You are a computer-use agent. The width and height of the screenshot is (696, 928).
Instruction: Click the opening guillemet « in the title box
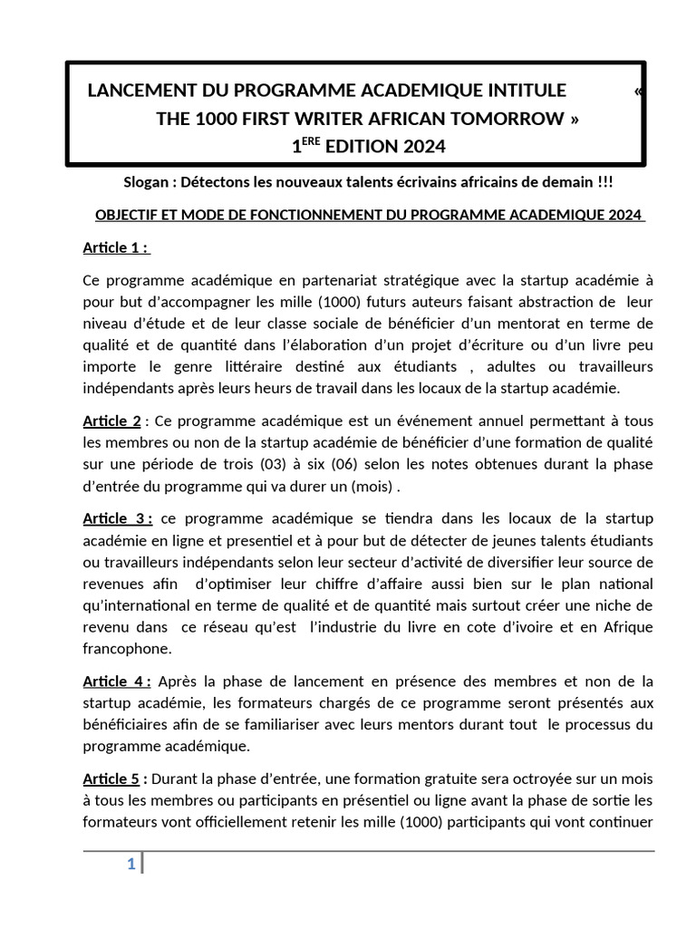(x=641, y=91)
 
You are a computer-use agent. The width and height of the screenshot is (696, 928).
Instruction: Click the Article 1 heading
(x=116, y=247)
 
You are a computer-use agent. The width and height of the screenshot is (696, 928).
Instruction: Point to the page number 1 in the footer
(x=131, y=865)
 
